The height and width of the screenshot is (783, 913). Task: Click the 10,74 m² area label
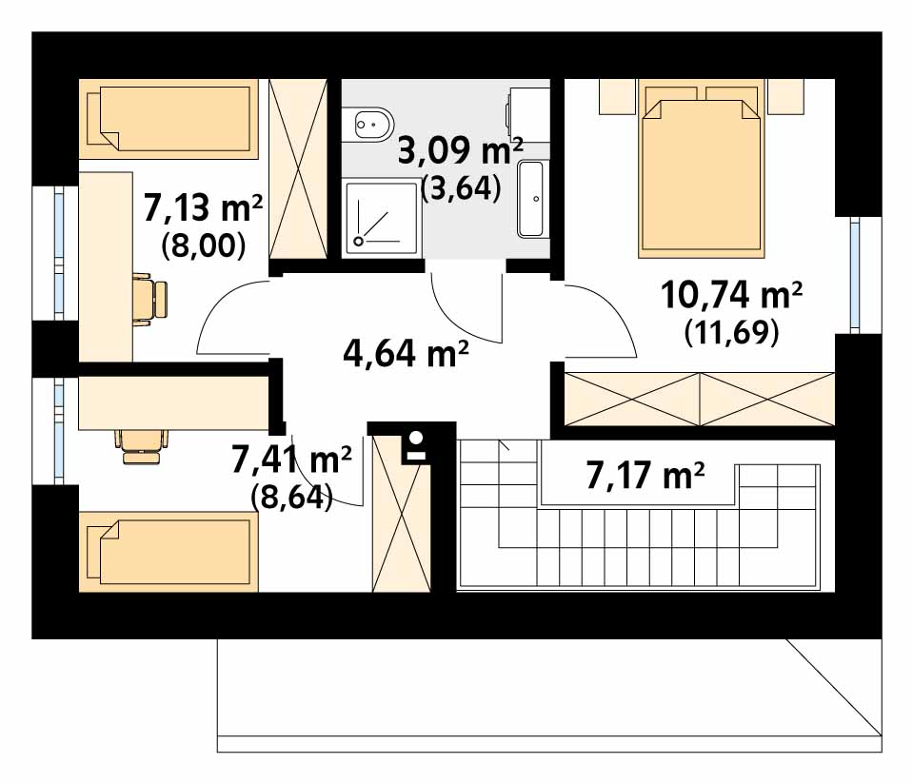731,295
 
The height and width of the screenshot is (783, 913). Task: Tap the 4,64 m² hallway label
406,353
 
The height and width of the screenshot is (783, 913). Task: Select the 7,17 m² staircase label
645,476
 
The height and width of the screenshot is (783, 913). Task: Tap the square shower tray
382,218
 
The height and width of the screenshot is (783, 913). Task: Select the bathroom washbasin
530,199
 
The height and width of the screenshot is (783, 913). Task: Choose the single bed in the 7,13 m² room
169,119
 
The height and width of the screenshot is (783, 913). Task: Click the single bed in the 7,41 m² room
169,552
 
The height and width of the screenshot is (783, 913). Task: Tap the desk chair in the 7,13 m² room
150,299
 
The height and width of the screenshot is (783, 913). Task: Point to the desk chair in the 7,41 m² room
142,446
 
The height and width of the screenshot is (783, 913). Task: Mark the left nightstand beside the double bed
617,96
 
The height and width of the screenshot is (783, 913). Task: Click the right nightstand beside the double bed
785,96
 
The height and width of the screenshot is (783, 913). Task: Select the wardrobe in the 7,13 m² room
298,169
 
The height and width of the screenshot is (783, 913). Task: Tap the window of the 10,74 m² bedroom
854,275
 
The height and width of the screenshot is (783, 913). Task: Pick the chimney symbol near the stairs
416,446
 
